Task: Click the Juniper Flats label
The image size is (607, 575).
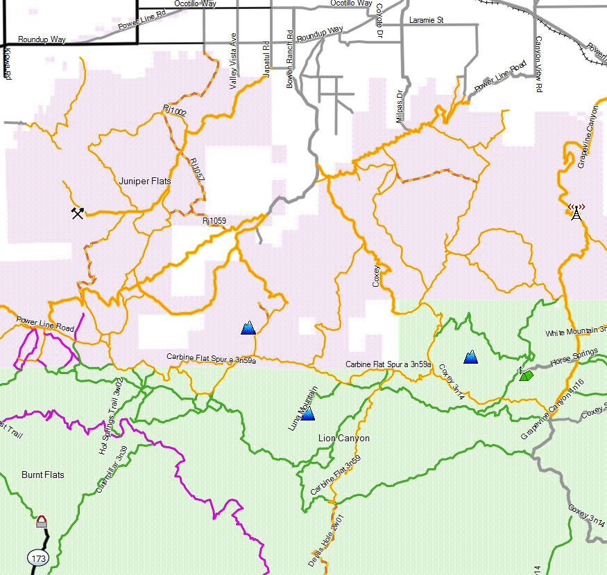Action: (145, 181)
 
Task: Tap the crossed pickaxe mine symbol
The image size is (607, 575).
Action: (78, 213)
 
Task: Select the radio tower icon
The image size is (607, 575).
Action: (576, 211)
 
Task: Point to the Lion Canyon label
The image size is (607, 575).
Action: (343, 439)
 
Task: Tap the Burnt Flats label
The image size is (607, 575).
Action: (42, 475)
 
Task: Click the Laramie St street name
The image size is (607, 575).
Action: (426, 21)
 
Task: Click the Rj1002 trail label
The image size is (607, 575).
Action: (175, 110)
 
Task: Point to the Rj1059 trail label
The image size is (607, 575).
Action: (214, 222)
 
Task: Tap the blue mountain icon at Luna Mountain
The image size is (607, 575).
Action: (308, 414)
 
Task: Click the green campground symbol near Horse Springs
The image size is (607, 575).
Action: (526, 375)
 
